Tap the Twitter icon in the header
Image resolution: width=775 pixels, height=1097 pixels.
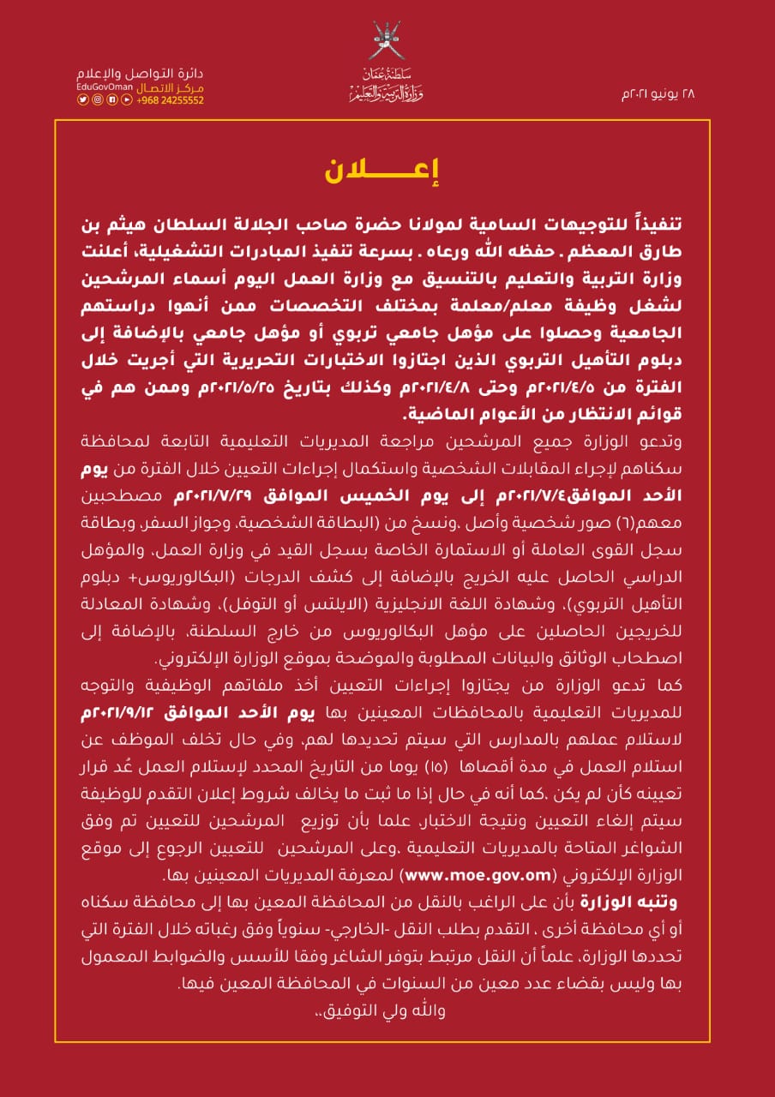[x=83, y=100]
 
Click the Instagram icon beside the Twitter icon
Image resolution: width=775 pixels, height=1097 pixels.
[x=98, y=100]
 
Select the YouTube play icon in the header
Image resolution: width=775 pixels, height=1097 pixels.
[x=127, y=100]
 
